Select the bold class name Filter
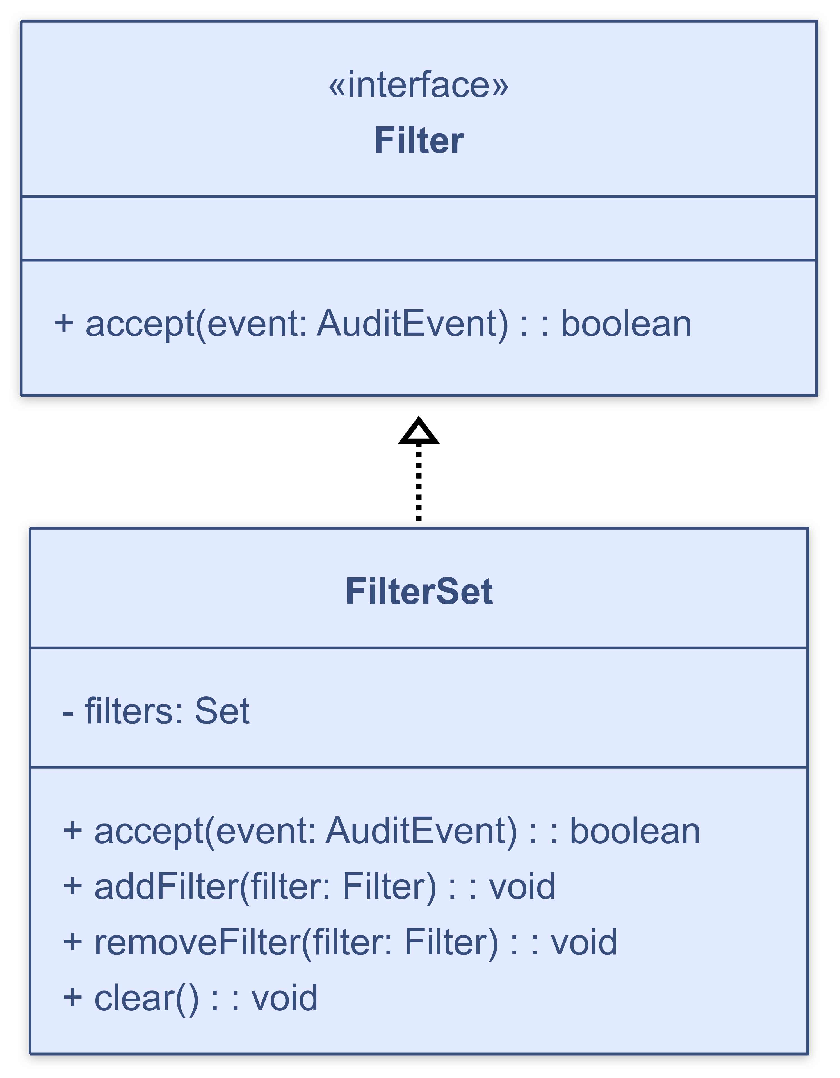click(x=419, y=141)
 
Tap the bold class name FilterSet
click(x=419, y=591)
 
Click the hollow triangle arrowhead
click(x=419, y=431)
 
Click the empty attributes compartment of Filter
click(x=419, y=228)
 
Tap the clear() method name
click(x=146, y=997)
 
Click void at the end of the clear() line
click(x=284, y=997)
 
